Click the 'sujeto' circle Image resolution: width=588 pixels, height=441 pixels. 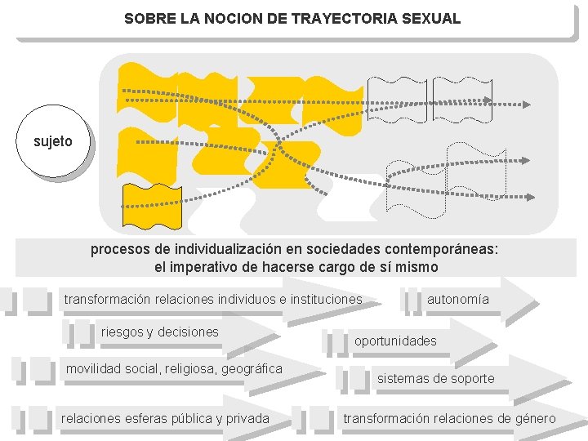tap(53, 142)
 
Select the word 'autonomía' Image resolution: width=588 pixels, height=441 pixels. tap(457, 300)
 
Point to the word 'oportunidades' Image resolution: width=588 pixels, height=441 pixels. tap(395, 341)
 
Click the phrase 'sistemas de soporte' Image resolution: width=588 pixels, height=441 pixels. tap(435, 378)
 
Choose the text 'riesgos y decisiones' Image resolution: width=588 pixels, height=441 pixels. tap(159, 332)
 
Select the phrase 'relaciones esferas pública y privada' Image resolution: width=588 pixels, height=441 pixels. tap(165, 419)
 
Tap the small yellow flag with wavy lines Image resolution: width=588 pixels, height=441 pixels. tap(140, 207)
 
